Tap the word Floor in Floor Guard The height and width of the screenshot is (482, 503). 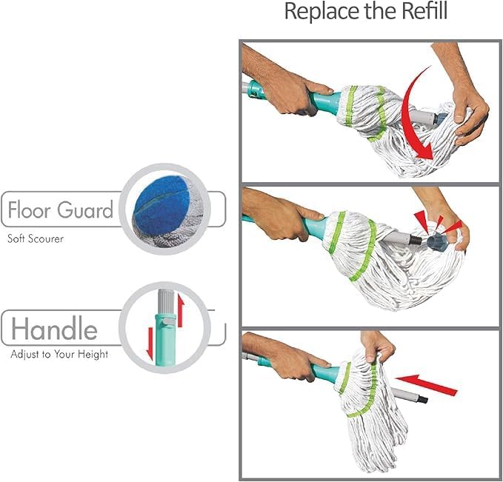tap(29, 210)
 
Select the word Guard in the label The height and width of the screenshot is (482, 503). tap(85, 210)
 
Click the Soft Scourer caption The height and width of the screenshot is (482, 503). tap(36, 238)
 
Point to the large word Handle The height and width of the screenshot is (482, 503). tap(54, 328)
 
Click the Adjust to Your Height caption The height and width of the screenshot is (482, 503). tap(59, 355)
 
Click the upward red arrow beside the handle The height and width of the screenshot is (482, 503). tap(181, 310)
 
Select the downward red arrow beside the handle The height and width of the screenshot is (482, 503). tap(150, 344)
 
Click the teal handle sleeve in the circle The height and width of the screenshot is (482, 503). tap(165, 340)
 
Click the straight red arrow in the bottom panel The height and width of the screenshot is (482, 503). tap(427, 384)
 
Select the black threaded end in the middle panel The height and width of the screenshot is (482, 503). tap(416, 240)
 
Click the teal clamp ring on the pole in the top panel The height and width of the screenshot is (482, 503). tap(256, 89)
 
